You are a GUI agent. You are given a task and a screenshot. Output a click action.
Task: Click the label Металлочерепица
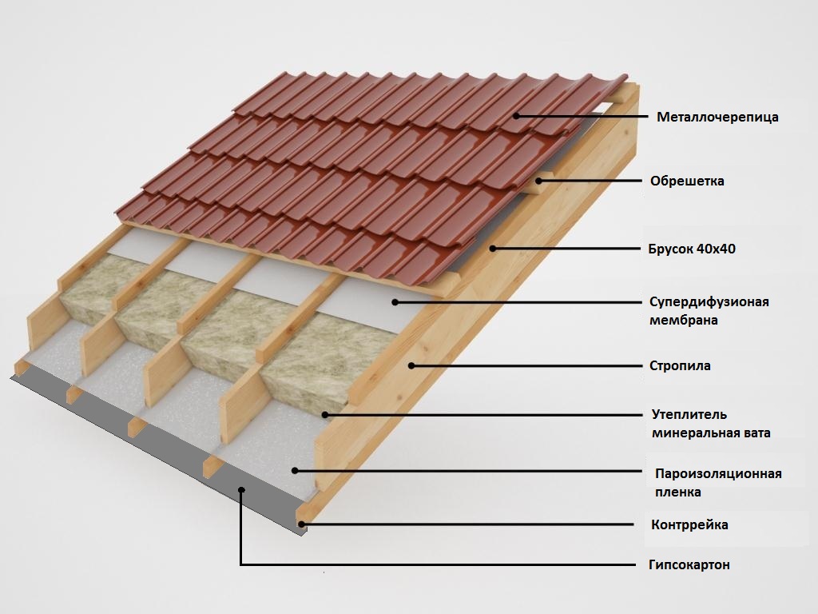[x=717, y=117]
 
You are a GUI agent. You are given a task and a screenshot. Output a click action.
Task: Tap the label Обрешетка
[x=687, y=181]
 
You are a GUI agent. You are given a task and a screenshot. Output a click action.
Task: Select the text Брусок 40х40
[x=692, y=249]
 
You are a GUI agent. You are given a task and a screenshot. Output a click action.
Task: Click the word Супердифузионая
[x=709, y=301]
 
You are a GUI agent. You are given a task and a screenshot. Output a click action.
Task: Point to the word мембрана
[x=684, y=320]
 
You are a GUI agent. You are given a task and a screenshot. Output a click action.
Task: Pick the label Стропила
[x=680, y=365]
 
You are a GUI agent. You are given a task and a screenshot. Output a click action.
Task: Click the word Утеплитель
[x=689, y=415]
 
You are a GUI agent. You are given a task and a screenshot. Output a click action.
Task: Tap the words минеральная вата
[x=711, y=433]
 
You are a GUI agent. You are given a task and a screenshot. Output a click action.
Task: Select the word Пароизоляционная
[x=718, y=473]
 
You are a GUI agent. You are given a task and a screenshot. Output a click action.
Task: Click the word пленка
[x=677, y=492]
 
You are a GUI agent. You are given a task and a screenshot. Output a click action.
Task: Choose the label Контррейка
[x=689, y=524]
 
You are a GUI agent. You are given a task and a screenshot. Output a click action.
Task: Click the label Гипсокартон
[x=689, y=564]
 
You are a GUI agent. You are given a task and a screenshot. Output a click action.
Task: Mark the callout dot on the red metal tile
[x=516, y=116]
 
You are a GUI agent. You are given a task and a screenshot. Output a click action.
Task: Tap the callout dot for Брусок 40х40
[x=492, y=249]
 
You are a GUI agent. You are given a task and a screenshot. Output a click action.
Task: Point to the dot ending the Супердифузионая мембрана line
[x=395, y=301]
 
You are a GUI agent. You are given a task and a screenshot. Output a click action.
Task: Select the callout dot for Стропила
[x=411, y=365]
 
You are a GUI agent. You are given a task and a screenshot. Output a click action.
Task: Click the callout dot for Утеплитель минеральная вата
[x=324, y=415]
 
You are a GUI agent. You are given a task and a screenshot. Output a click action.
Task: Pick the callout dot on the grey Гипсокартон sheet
[x=241, y=489]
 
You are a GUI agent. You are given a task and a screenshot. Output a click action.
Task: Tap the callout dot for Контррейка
[x=301, y=524]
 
